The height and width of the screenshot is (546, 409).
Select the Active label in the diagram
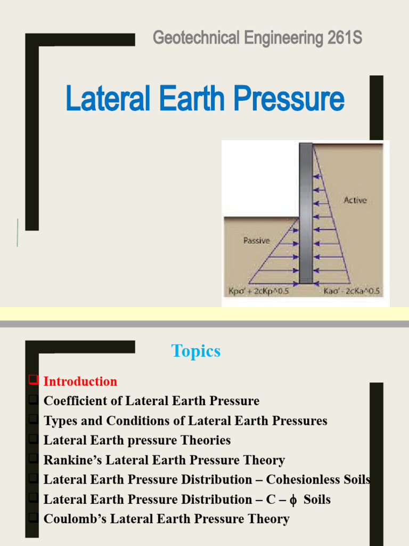pyautogui.click(x=355, y=200)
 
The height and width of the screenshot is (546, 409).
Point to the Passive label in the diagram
pyautogui.click(x=256, y=240)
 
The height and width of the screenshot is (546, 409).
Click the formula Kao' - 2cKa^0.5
pyautogui.click(x=352, y=291)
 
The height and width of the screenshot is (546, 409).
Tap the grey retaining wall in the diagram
pyautogui.click(x=306, y=213)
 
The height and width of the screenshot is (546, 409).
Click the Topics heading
pyautogui.click(x=195, y=351)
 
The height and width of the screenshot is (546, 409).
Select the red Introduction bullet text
pyautogui.click(x=80, y=382)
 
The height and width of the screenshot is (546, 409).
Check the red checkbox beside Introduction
pyautogui.click(x=33, y=380)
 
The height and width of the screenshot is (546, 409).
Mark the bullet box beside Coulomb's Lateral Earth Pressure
pyautogui.click(x=33, y=518)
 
